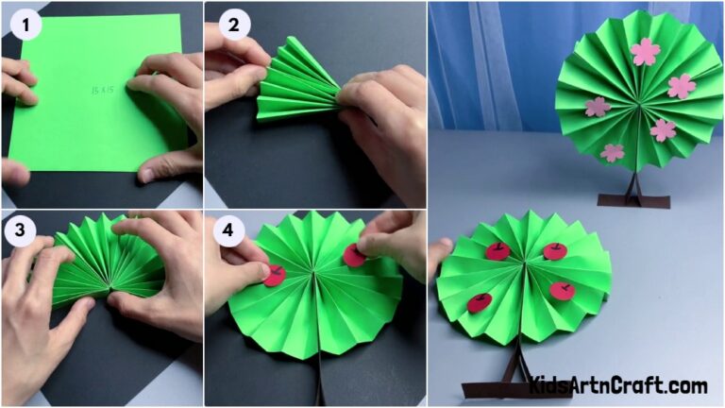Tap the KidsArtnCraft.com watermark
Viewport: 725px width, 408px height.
pos(617,385)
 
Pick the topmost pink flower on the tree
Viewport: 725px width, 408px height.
pos(645,51)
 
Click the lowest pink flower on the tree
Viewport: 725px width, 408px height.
pos(613,152)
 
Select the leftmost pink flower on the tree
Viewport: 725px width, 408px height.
pos(597,107)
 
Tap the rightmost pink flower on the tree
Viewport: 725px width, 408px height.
pos(682,87)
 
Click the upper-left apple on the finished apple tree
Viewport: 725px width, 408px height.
pos(497,251)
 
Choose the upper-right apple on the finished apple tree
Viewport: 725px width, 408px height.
pos(555,251)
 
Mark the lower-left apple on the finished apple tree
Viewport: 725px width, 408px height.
pos(480,303)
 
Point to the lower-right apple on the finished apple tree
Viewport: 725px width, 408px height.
pos(563,290)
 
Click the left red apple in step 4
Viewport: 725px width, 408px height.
pos(274,276)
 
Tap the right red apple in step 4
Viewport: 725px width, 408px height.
pos(355,255)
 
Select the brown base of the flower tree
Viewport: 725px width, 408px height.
pos(635,200)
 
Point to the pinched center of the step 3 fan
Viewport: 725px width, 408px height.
pos(111,286)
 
